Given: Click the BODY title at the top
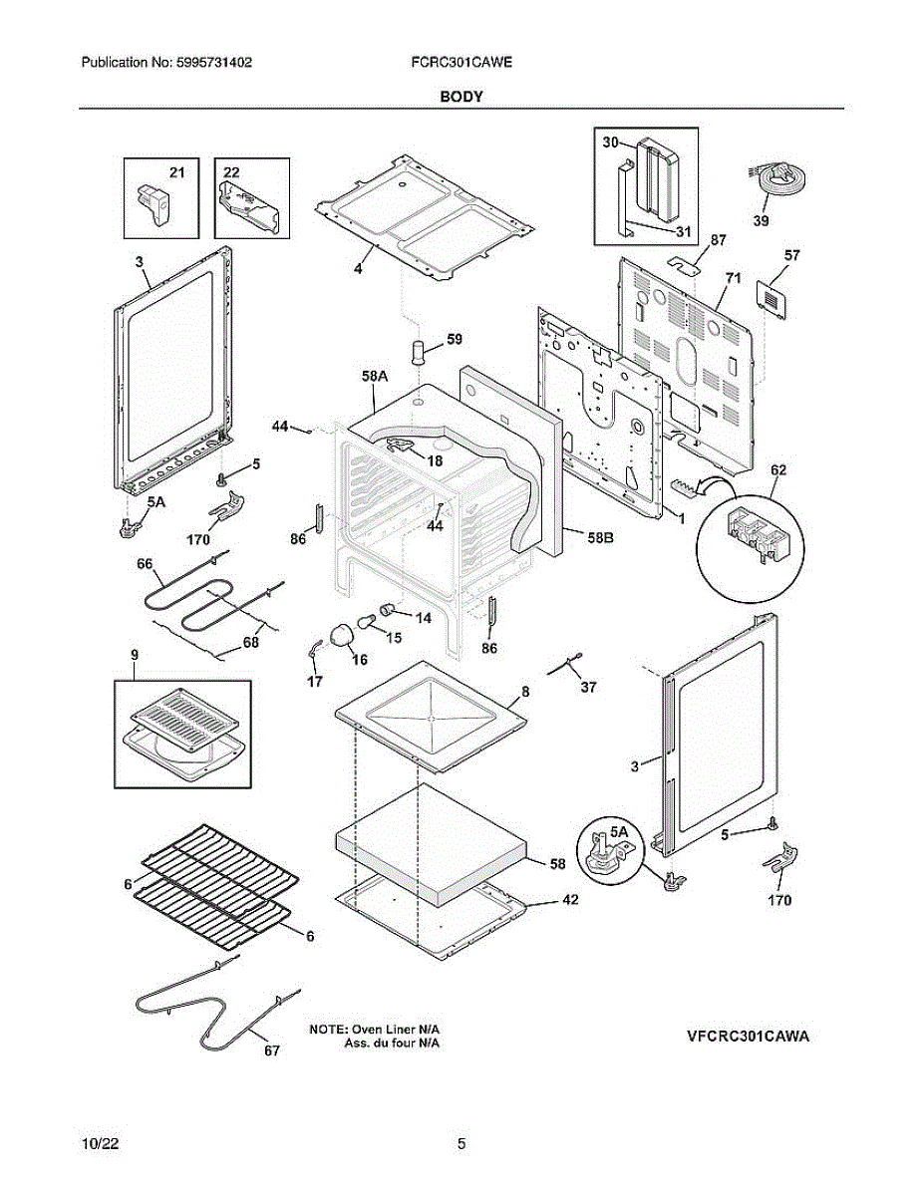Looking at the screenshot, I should pos(462,97).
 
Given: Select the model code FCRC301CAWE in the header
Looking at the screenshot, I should pos(461,62).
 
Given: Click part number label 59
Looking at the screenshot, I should pos(455,339).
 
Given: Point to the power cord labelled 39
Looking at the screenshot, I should pos(777,180).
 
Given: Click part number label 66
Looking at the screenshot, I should pos(145,564).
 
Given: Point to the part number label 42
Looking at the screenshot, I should pos(569,899).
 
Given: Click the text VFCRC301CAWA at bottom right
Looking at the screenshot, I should pos(748,1037).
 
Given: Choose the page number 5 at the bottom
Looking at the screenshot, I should pos(462,1144).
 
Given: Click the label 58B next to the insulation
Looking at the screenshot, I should pos(599,537).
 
